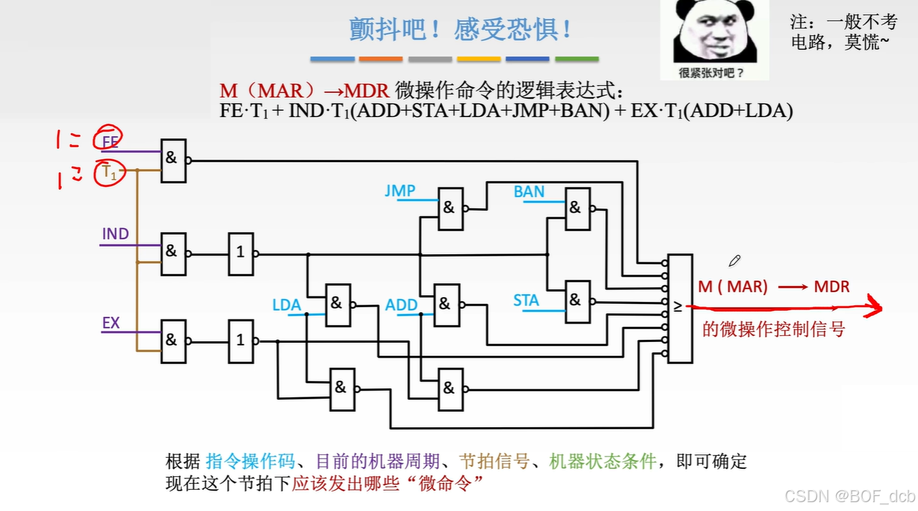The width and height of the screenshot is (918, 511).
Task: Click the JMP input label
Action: click(400, 191)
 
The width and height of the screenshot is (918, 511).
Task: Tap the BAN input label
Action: click(529, 192)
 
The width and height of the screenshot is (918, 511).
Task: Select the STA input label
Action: click(526, 300)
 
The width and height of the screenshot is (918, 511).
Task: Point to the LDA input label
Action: click(286, 305)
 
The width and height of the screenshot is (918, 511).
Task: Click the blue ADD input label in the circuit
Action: click(401, 305)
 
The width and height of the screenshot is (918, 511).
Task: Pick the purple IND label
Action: click(115, 234)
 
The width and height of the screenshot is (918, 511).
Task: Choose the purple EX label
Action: click(111, 323)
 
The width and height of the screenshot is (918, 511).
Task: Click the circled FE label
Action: click(110, 142)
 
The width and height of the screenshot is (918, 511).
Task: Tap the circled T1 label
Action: click(110, 174)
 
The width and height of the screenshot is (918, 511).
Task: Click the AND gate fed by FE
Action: click(173, 161)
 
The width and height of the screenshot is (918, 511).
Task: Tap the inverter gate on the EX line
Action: click(241, 340)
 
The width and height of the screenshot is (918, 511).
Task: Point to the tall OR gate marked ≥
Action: click(680, 308)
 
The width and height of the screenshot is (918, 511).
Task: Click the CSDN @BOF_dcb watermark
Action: click(849, 496)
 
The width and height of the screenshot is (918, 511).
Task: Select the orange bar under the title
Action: click(380, 59)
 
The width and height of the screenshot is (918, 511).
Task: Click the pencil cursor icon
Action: click(734, 260)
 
